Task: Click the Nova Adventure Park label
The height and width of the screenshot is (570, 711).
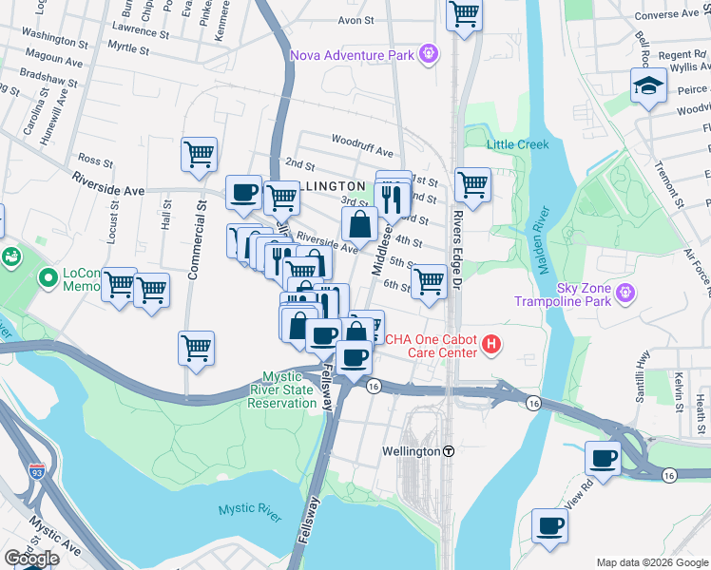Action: pyautogui.click(x=352, y=54)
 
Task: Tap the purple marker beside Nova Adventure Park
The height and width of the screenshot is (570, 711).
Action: pyautogui.click(x=429, y=53)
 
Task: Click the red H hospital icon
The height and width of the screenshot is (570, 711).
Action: pyautogui.click(x=490, y=344)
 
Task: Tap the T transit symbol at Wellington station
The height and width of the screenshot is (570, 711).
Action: pyautogui.click(x=449, y=451)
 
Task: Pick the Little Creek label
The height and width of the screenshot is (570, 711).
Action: pyautogui.click(x=518, y=144)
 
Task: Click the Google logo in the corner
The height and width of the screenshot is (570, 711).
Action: pyautogui.click(x=31, y=559)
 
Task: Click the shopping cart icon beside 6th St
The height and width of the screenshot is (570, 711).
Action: pyautogui.click(x=430, y=281)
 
